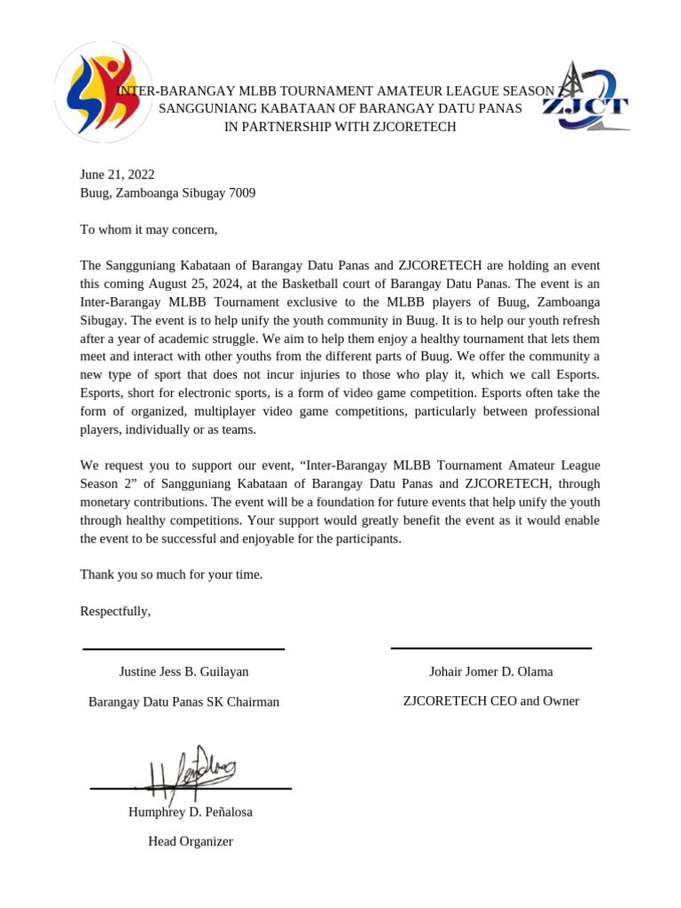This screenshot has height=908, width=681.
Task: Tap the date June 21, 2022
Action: pos(117,175)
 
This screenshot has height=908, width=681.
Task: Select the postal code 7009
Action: pos(242,192)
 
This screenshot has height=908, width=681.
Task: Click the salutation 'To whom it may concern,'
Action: pos(148,230)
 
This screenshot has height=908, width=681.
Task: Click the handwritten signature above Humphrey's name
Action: pos(191,770)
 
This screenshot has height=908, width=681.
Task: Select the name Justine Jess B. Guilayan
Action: pos(184,671)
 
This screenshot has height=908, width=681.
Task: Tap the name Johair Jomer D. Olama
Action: pos(490,671)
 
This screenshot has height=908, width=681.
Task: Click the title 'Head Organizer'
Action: pos(190,841)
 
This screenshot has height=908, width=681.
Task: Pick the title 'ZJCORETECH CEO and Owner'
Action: pos(490,701)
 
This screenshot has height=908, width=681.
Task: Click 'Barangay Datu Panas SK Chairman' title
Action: pos(184,701)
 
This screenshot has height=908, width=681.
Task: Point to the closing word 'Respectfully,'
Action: pos(115,611)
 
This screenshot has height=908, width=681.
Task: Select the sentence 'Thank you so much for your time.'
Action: pos(171,575)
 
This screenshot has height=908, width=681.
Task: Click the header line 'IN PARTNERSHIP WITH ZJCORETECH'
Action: pos(340,127)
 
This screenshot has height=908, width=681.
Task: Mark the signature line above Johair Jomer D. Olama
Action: pos(490,648)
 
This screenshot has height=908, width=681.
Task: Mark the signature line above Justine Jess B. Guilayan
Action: pos(184,649)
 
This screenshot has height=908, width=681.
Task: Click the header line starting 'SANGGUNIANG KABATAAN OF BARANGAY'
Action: pos(340,109)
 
